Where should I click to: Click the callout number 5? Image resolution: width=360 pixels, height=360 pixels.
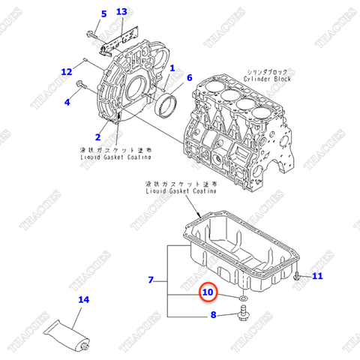(103, 13)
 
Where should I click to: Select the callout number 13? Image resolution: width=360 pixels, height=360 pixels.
(121, 13)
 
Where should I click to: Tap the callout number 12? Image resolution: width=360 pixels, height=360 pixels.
(67, 72)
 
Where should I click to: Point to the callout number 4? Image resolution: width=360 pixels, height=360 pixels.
(67, 102)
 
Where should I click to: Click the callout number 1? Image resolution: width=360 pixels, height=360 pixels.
(172, 68)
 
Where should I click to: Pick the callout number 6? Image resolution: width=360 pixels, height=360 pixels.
(189, 78)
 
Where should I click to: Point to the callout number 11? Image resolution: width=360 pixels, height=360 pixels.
(317, 277)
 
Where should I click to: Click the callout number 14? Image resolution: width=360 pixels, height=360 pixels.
(84, 301)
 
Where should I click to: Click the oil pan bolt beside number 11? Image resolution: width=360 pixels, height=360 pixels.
(298, 278)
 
